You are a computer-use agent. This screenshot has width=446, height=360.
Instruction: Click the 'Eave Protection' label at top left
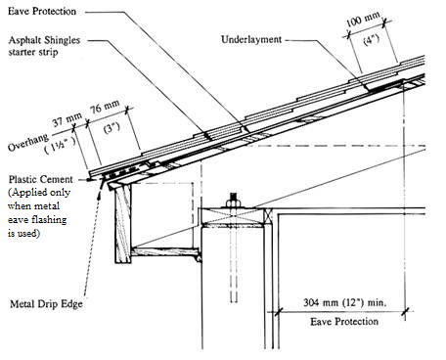tap(45, 10)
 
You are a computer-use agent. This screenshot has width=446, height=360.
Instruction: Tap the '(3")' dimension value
tap(109, 130)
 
